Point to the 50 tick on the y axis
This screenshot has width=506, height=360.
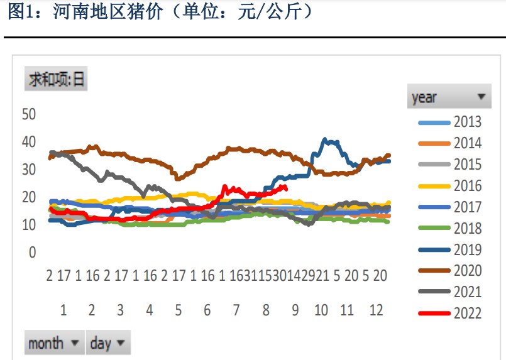(x=30, y=114)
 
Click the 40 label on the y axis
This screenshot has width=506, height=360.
(x=30, y=142)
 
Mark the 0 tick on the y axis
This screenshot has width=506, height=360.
(x=33, y=253)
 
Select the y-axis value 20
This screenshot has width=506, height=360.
(x=30, y=197)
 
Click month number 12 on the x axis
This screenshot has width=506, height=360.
(x=376, y=310)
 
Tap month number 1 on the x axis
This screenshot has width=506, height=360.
(x=63, y=310)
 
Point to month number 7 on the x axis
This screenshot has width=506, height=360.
(x=236, y=310)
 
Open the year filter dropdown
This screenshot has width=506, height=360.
(x=449, y=97)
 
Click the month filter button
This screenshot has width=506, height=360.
(x=55, y=343)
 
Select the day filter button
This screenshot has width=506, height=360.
(x=108, y=343)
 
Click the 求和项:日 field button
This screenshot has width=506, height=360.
(x=56, y=80)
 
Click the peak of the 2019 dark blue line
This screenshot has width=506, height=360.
(x=325, y=139)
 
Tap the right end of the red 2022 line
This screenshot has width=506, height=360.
(x=286, y=188)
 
